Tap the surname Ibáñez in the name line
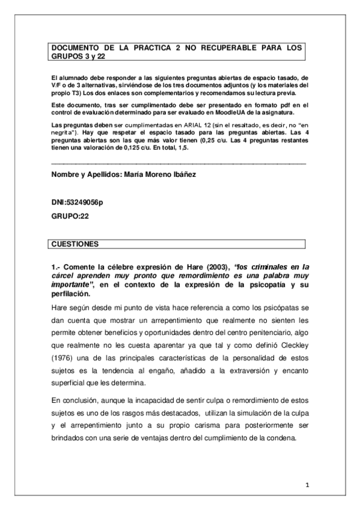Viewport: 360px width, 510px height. click(197, 174)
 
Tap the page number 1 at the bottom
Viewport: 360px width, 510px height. click(307, 485)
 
